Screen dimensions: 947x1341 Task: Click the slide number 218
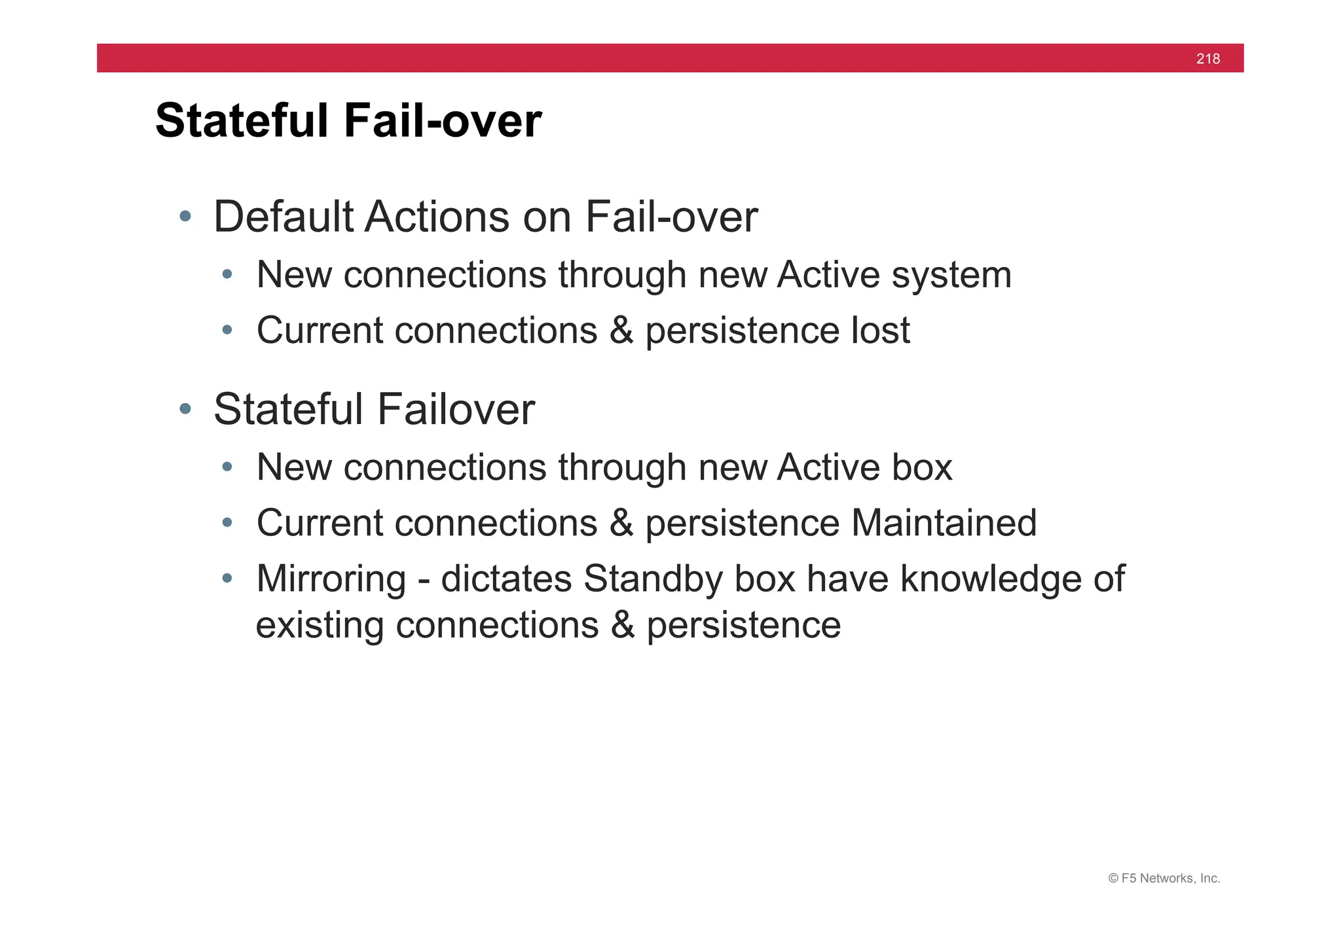tap(1208, 59)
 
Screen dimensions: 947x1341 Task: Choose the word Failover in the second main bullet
tap(456, 410)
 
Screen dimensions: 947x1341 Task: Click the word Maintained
tap(944, 523)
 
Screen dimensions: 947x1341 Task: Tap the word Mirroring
tap(331, 579)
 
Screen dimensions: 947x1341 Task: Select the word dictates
tap(506, 579)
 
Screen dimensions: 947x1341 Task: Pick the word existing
tap(320, 626)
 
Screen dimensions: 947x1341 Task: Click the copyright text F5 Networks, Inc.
tap(1164, 878)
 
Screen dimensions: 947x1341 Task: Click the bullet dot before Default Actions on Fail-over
tap(185, 216)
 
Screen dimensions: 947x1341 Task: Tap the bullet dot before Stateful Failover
tap(185, 409)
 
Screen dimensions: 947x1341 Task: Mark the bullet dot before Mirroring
tap(227, 578)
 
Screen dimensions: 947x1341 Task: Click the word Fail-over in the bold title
tap(443, 121)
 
